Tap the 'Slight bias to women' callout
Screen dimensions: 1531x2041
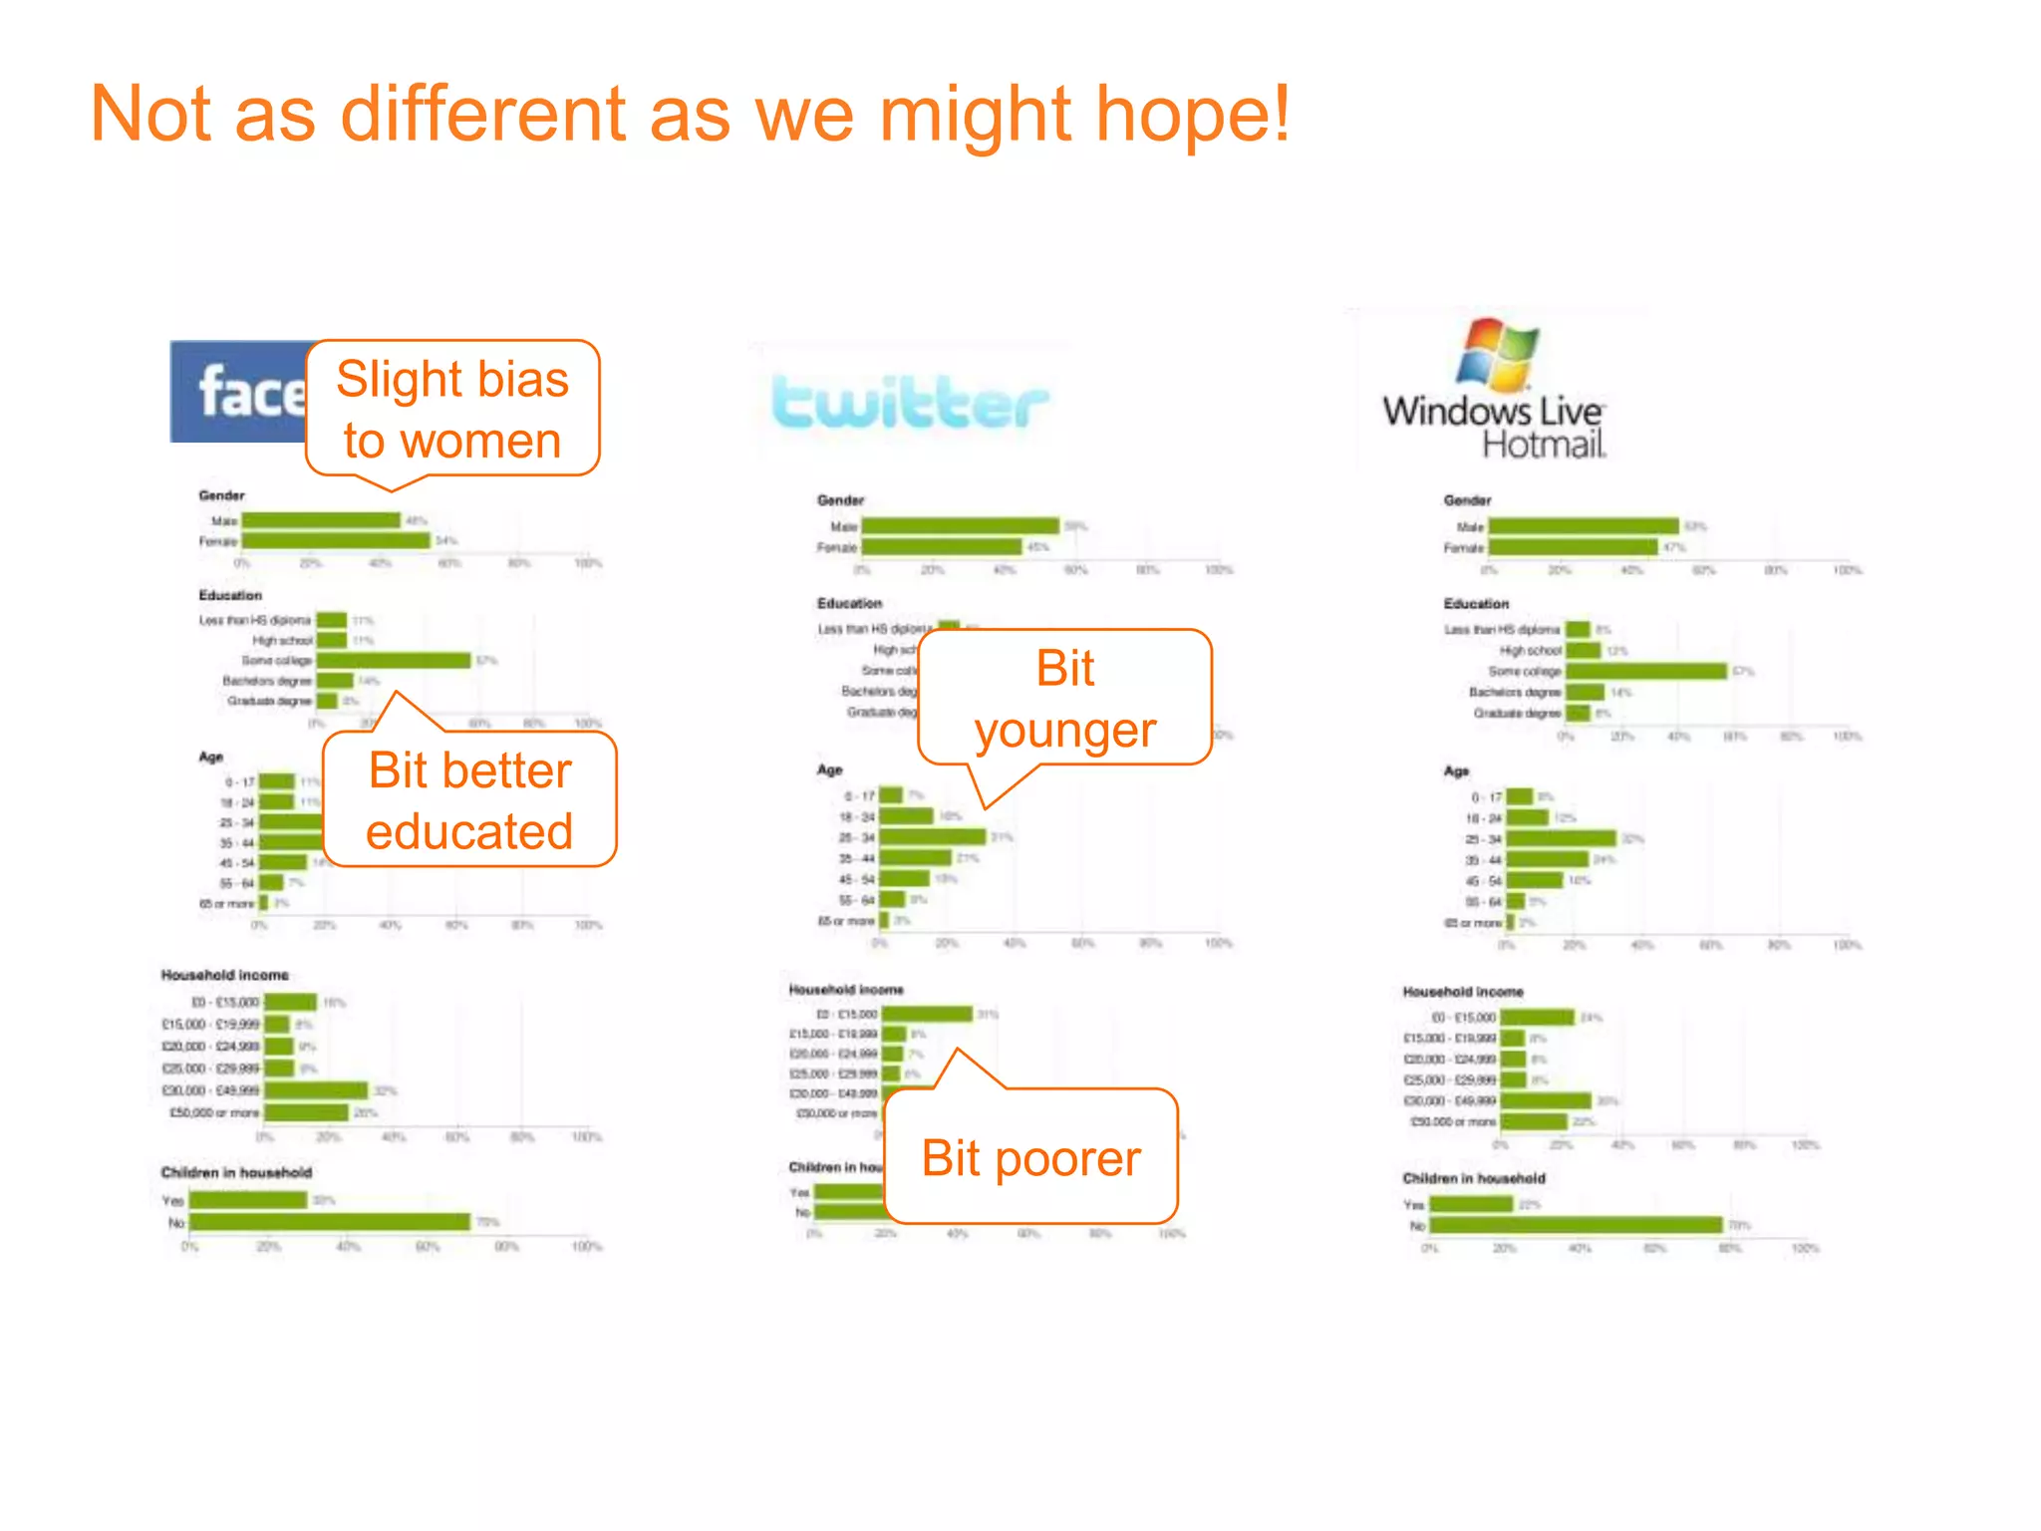pyautogui.click(x=452, y=409)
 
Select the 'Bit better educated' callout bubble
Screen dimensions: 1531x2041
pyautogui.click(x=469, y=800)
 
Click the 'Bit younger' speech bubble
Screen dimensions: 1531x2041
pyautogui.click(x=1064, y=698)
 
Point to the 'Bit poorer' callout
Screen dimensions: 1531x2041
pyautogui.click(x=1030, y=1157)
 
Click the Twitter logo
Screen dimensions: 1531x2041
pyautogui.click(x=910, y=404)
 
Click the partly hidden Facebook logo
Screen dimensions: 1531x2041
pyautogui.click(x=239, y=392)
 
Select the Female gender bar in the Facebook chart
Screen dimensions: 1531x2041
pyautogui.click(x=336, y=541)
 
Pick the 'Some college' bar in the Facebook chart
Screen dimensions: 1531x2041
pyautogui.click(x=394, y=661)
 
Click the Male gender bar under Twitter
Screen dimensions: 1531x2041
pyautogui.click(x=960, y=526)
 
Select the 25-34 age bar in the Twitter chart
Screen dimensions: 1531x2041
pyautogui.click(x=933, y=837)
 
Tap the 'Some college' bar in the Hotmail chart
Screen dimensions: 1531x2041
pyautogui.click(x=1645, y=672)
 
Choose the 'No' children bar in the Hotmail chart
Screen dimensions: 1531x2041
pyautogui.click(x=1576, y=1226)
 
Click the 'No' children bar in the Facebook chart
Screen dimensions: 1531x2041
pyautogui.click(x=330, y=1222)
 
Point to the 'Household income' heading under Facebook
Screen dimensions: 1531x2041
pyautogui.click(x=225, y=975)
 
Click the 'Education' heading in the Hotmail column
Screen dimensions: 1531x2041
pyautogui.click(x=1476, y=604)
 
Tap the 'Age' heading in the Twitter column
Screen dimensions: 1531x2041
pyautogui.click(x=830, y=769)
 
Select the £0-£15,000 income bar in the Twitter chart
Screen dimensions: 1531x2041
pyautogui.click(x=927, y=1015)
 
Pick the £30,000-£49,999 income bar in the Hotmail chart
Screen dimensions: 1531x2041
pyautogui.click(x=1546, y=1101)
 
